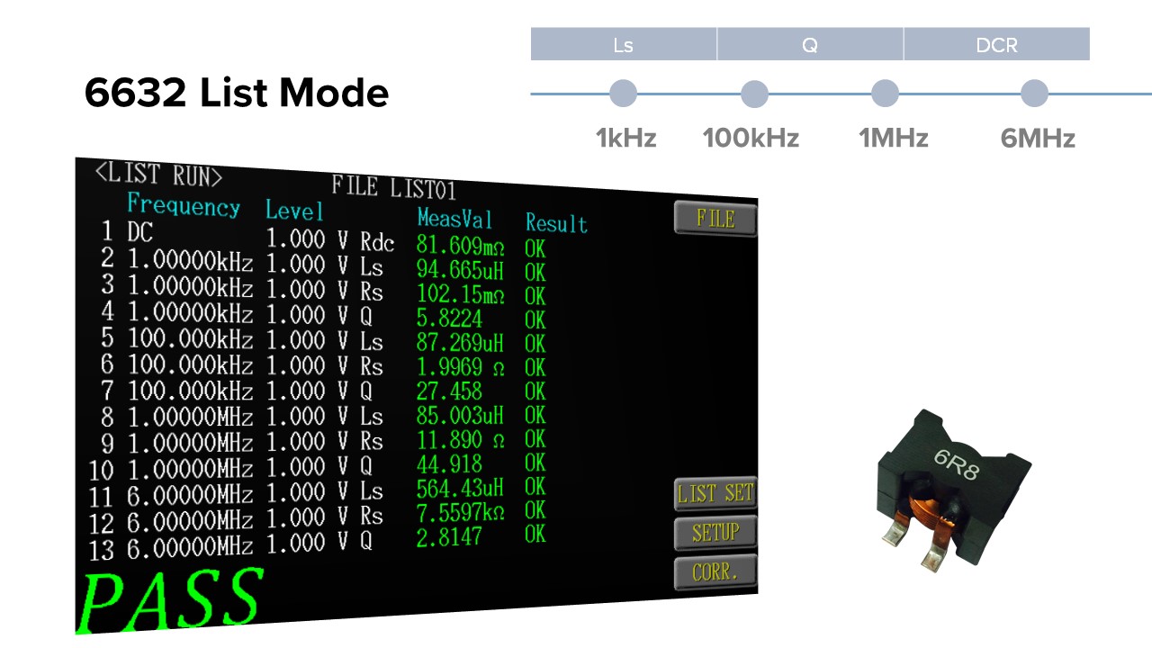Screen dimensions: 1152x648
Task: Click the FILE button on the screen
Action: tap(715, 219)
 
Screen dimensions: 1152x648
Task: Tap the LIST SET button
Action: tap(715, 493)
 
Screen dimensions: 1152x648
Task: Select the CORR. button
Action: tap(715, 571)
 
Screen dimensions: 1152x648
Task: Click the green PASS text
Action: tap(171, 599)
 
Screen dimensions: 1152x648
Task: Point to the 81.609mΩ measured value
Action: tap(460, 246)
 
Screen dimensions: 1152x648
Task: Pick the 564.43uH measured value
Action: tap(460, 488)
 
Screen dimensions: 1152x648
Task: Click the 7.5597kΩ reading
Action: tap(460, 512)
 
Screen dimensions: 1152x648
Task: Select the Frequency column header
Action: tap(184, 204)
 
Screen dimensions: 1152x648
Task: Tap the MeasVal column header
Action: tap(454, 218)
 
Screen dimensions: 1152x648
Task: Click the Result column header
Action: tap(556, 223)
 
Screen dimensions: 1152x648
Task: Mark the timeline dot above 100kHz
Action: tap(754, 94)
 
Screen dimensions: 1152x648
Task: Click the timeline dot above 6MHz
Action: tap(1034, 94)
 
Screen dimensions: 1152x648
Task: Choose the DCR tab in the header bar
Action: tap(996, 44)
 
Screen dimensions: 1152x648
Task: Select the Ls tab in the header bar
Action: tap(624, 44)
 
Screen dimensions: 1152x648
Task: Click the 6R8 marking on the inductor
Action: tap(957, 463)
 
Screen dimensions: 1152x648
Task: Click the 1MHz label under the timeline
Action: tap(894, 138)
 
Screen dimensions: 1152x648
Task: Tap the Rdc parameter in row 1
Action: tap(377, 242)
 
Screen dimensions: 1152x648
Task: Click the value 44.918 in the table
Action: tap(449, 464)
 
